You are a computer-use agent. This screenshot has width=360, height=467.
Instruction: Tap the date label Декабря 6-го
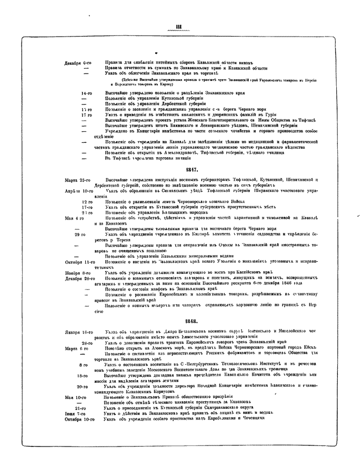pos(79,64)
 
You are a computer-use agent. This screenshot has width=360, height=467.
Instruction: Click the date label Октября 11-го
pos(78,262)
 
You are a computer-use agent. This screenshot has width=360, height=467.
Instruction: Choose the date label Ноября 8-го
pos(78,272)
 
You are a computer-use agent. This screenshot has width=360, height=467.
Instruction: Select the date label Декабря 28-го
pos(78,278)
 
